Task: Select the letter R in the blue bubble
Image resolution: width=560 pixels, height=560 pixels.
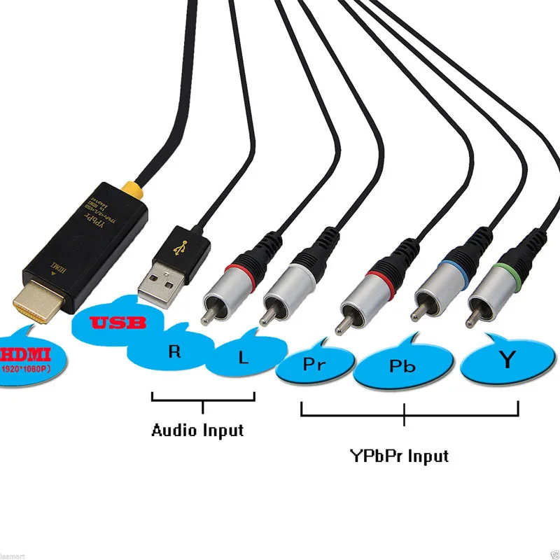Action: (175, 351)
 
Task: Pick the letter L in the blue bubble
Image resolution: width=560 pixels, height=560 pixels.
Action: (243, 358)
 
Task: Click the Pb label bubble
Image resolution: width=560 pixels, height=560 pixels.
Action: (398, 366)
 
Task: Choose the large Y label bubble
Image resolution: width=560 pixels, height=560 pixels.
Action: (506, 360)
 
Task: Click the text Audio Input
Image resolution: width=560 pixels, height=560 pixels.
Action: (197, 430)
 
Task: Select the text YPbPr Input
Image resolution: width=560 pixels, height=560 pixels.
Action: (399, 456)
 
